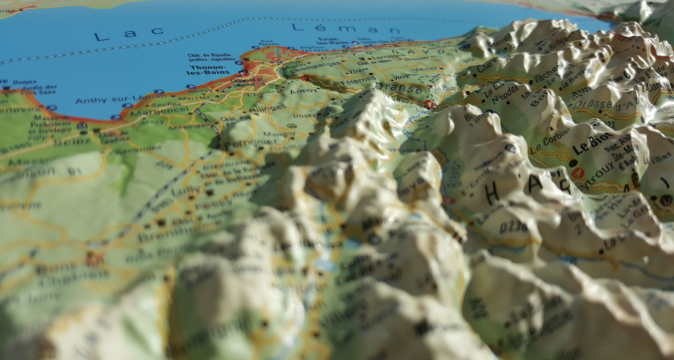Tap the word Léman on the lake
coord(346,28)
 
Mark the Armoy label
coord(303,92)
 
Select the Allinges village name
coord(267,109)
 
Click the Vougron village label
coord(406,76)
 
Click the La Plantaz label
coord(448,88)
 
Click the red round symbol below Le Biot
coord(578,172)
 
